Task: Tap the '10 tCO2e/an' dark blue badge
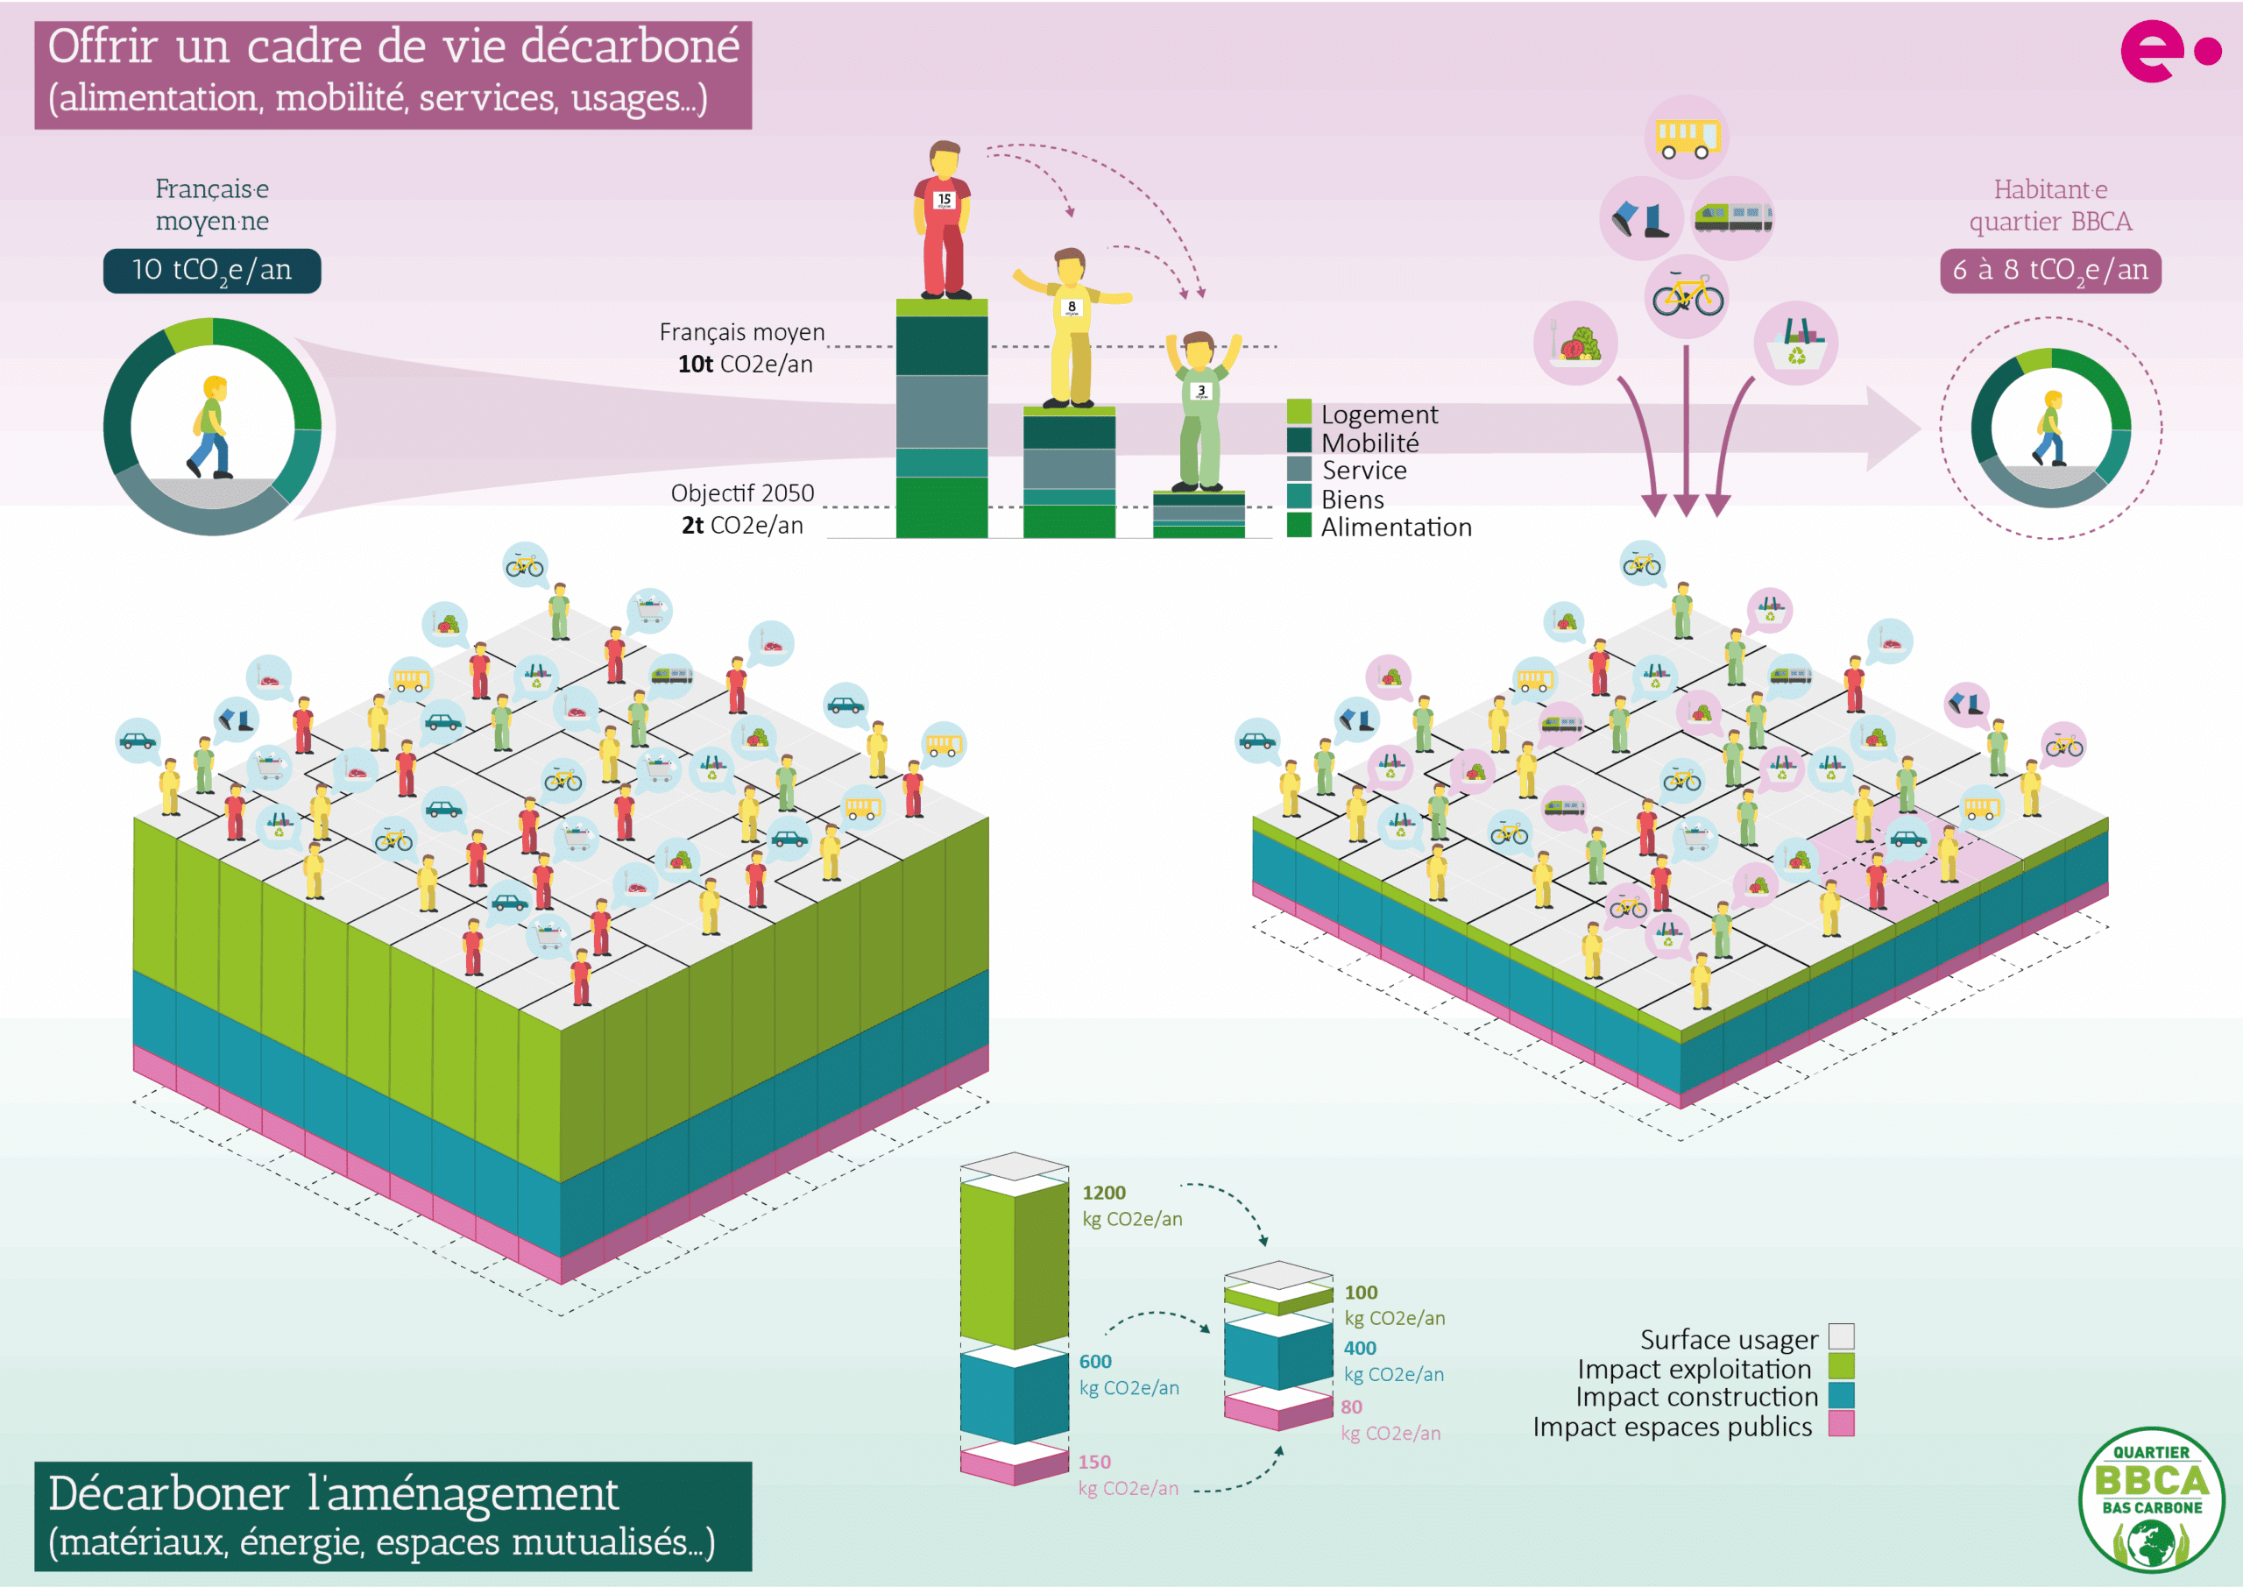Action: click(212, 271)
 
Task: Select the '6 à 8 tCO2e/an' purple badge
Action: click(2049, 271)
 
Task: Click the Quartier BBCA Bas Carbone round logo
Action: click(2151, 1499)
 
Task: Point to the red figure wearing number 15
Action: click(943, 221)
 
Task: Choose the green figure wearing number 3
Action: click(1200, 410)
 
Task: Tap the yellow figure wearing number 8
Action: click(1071, 328)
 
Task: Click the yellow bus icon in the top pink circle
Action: click(1686, 138)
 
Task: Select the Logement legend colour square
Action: click(1298, 411)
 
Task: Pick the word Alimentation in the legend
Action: click(1396, 528)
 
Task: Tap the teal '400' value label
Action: click(1360, 1348)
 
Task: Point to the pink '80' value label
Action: click(1351, 1406)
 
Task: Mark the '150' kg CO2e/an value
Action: click(1094, 1462)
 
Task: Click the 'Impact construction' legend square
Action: click(1841, 1395)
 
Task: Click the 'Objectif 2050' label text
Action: click(742, 493)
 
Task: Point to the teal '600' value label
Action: click(1095, 1361)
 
